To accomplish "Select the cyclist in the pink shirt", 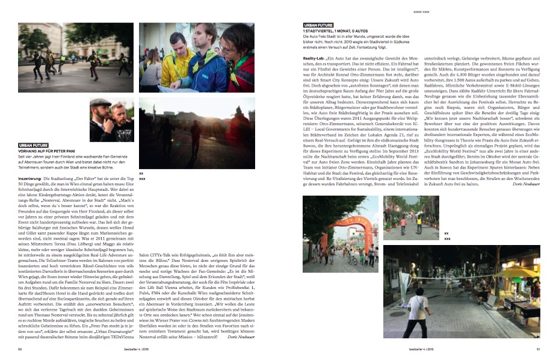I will (403, 222).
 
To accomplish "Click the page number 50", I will (20, 348).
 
